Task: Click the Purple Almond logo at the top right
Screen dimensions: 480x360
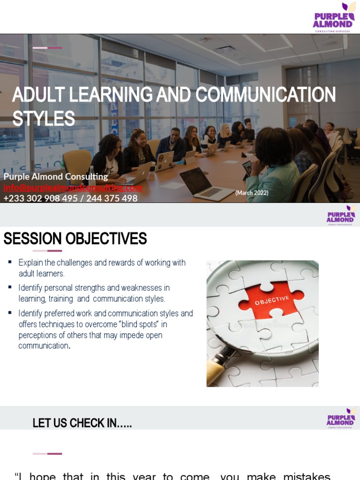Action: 333,17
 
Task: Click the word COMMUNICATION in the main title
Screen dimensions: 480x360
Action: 265,95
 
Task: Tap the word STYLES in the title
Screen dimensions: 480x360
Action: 44,119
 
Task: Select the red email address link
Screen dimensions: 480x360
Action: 73,187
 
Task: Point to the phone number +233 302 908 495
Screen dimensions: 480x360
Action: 40,198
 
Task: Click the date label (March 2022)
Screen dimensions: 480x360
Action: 252,193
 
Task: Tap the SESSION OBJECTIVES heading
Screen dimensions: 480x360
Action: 75,239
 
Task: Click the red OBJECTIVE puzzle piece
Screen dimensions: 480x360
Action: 271,300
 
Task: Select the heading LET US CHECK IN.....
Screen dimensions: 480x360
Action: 82,423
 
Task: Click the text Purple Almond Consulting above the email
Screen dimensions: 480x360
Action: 56,177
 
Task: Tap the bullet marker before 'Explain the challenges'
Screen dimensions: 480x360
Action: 10,262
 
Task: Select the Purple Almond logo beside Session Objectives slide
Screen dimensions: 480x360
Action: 341,215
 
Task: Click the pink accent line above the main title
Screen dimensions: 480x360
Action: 47,48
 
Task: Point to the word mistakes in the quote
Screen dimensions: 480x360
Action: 307,476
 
